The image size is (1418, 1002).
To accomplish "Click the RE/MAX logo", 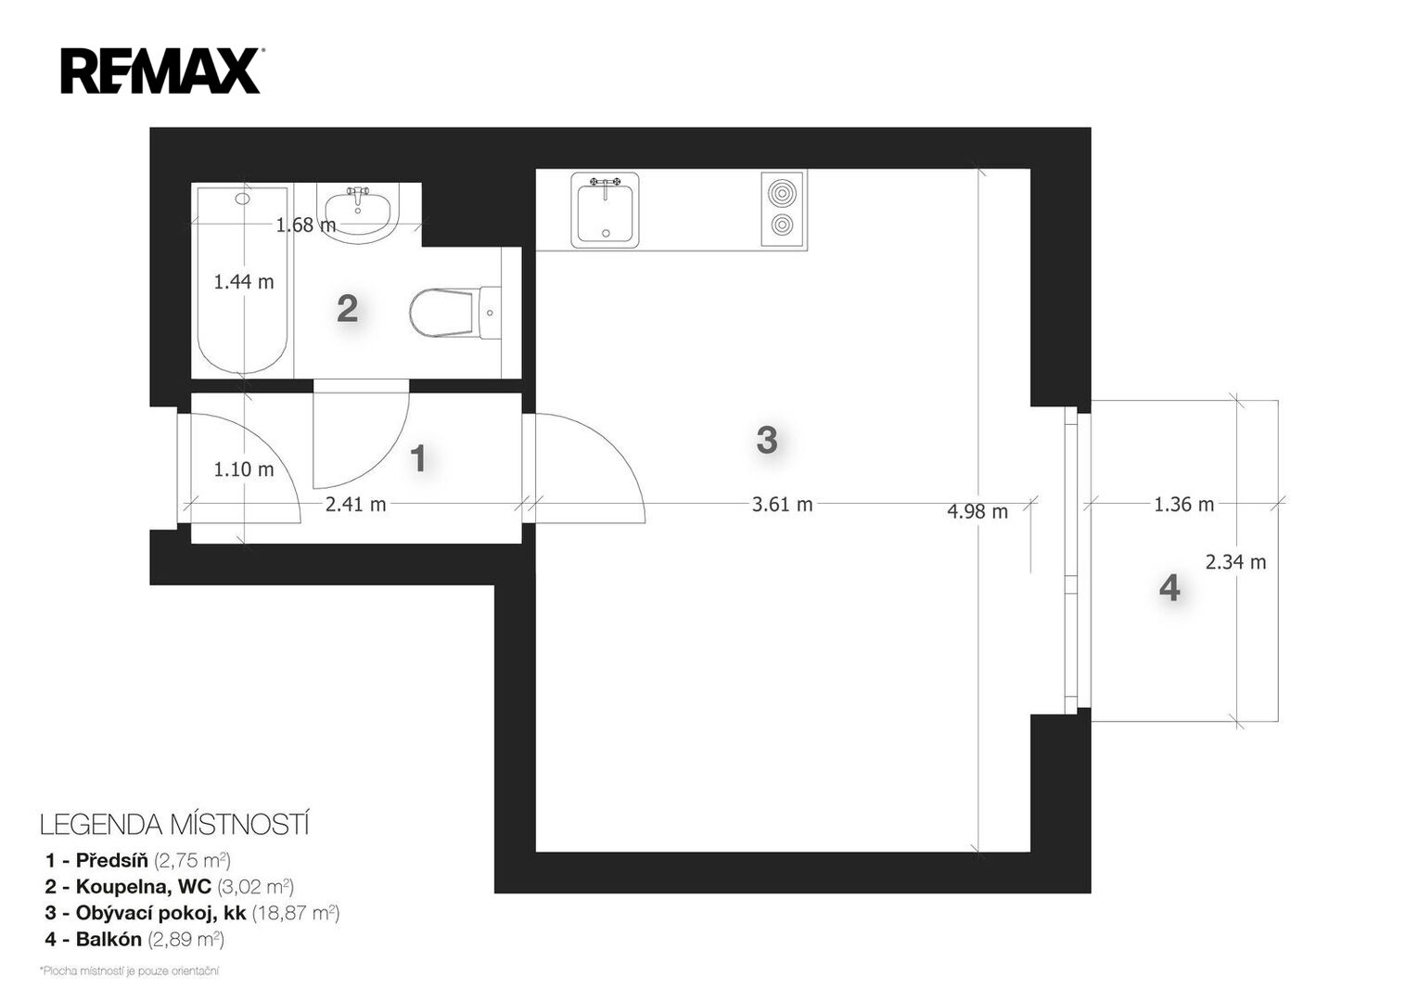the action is coord(160,71).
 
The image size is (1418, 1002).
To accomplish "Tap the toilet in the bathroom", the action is coord(454,313).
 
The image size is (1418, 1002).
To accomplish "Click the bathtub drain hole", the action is coord(242,199).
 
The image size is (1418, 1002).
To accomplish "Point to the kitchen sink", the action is coord(605,210).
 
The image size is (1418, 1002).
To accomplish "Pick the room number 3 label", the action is coord(767,440).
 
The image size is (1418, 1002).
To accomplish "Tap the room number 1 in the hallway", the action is coord(418,458).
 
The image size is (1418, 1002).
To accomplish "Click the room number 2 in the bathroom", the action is coord(348,309).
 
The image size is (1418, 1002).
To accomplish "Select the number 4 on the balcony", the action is coord(1169,588).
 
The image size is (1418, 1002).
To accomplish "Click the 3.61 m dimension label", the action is coord(782,505).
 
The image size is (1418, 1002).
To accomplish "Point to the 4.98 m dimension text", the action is coord(977,511).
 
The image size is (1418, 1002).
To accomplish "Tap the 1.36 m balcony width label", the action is coord(1183,505).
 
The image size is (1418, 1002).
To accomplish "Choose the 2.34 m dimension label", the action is coord(1235,562).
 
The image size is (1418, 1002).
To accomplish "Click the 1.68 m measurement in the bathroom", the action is coord(306,225).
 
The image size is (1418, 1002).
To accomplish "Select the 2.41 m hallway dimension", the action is coord(355,505).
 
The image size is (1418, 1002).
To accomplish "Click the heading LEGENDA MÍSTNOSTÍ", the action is coord(174,826).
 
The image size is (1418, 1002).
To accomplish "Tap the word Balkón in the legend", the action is coord(109,939).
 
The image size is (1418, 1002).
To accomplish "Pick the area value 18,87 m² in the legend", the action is coord(296,913).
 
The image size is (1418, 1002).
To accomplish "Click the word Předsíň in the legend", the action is coord(112,859).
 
